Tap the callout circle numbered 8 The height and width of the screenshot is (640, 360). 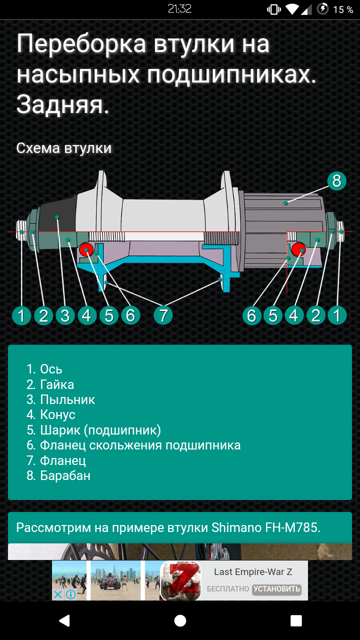click(x=336, y=181)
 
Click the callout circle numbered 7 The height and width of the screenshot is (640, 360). click(x=163, y=315)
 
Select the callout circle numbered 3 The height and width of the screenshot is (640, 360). click(x=65, y=315)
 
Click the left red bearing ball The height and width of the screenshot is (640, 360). click(x=86, y=249)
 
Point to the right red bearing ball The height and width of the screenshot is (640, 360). click(x=298, y=249)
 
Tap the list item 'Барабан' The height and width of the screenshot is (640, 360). click(x=65, y=475)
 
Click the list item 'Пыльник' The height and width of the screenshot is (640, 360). click(x=67, y=399)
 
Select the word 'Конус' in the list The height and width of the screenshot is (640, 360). click(x=57, y=414)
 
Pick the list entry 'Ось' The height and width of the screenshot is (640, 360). click(x=51, y=369)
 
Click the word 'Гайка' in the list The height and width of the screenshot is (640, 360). click(x=57, y=384)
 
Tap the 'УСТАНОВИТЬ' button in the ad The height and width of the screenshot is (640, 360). click(x=276, y=589)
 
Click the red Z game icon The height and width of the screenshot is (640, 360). click(x=180, y=580)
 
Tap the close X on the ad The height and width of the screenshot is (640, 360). click(x=57, y=594)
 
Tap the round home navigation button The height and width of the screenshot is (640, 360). click(x=180, y=620)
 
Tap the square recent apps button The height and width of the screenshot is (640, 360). click(x=296, y=620)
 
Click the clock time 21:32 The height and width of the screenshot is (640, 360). click(x=179, y=9)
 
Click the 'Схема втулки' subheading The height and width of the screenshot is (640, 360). click(x=63, y=148)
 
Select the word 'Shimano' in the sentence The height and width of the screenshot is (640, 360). click(x=236, y=527)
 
